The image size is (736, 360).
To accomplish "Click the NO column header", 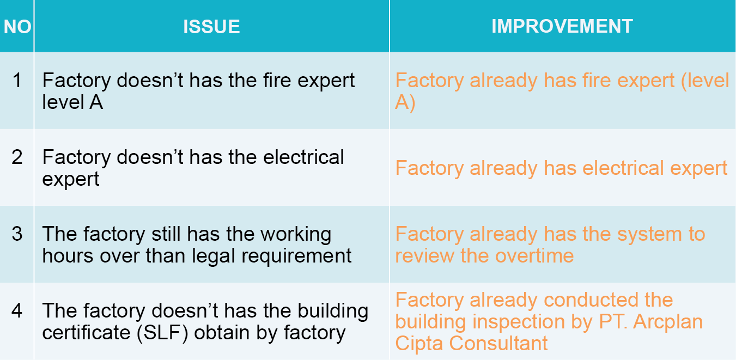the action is tap(17, 27).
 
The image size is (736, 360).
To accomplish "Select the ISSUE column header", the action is tap(211, 27).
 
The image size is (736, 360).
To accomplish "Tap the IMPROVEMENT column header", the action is tap(562, 26).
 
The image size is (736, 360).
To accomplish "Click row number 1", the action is tap(17, 80).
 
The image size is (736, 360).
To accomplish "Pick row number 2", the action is tap(17, 157).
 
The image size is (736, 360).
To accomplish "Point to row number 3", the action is tap(17, 234).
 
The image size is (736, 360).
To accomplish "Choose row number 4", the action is tap(17, 311).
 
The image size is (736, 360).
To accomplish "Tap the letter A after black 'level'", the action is tap(96, 102).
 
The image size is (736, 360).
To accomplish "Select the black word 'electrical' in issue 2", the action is tap(303, 157).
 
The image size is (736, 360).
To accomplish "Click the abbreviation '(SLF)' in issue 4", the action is tap(162, 333).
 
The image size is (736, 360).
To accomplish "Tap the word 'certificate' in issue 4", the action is tap(86, 332).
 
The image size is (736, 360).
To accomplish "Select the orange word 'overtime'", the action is tap(534, 255).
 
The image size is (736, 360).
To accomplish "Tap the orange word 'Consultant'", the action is tap(498, 344).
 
